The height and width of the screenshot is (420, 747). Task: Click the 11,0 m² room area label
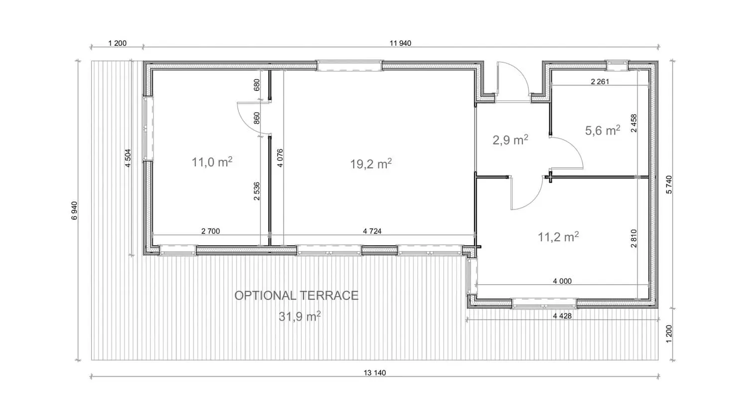click(212, 162)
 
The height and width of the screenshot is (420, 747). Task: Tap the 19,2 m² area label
click(371, 164)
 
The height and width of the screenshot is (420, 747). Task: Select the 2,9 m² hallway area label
click(510, 140)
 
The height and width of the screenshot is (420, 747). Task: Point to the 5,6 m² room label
click(603, 130)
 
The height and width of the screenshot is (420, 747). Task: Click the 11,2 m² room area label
click(558, 237)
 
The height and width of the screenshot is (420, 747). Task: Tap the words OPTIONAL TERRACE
click(296, 295)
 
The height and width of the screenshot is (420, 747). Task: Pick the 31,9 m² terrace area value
click(299, 316)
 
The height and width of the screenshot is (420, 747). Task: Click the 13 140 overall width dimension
click(374, 373)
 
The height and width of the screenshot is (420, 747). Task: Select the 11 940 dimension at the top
click(400, 43)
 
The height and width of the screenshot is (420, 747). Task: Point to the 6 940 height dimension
click(74, 210)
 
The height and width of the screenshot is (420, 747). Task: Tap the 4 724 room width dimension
click(372, 231)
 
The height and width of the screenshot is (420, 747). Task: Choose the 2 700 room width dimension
click(211, 231)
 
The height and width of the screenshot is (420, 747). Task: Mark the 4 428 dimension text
click(562, 315)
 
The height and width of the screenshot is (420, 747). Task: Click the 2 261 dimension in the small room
click(600, 81)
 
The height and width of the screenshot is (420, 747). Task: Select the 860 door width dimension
click(256, 118)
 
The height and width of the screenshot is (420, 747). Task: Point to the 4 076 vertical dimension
click(280, 158)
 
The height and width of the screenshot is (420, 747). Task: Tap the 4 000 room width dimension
click(562, 281)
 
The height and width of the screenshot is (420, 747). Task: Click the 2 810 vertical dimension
click(633, 238)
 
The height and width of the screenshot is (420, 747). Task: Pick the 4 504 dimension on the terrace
click(127, 158)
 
